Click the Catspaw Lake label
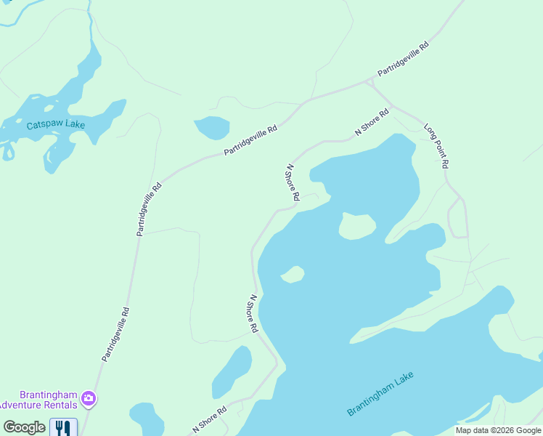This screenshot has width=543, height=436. point(56,124)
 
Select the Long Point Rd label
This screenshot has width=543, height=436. point(435,145)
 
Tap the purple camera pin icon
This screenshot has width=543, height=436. point(89,397)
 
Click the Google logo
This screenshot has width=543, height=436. point(24,427)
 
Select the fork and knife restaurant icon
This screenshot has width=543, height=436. point(63,427)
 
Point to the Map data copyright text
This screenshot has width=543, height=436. point(497,430)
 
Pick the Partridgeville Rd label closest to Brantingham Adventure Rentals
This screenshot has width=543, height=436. point(115,335)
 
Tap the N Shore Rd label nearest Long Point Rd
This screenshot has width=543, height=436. point(372,122)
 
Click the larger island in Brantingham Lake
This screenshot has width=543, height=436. point(357,226)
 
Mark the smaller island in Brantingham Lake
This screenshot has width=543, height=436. point(293,274)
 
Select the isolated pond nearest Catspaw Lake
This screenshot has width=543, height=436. point(212,127)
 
